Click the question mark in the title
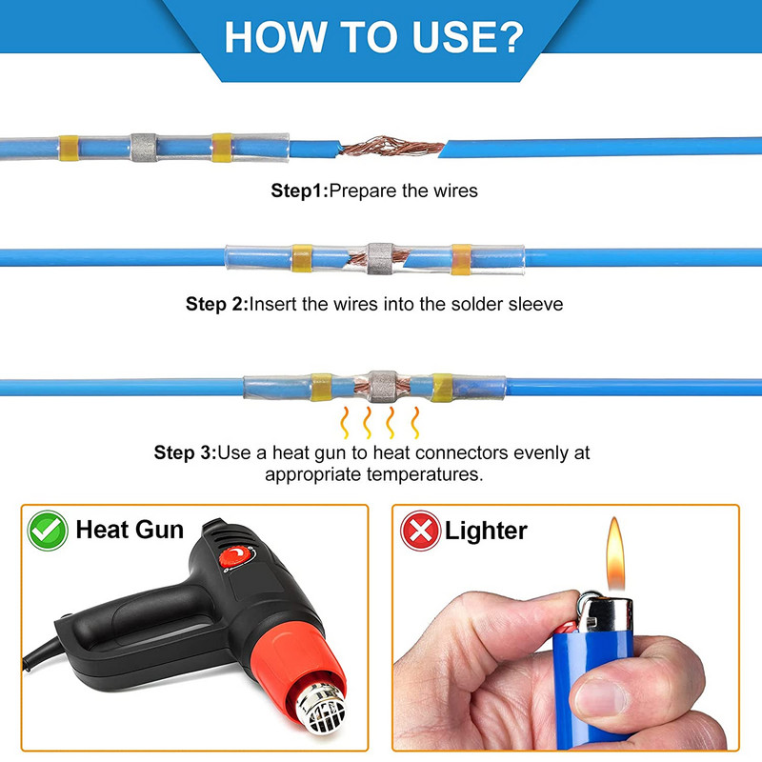pyautogui.click(x=507, y=37)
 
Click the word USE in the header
pyautogui.click(x=448, y=37)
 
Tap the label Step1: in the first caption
pyautogui.click(x=300, y=191)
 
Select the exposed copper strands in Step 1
pyautogui.click(x=392, y=147)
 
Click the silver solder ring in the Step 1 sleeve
pyautogui.click(x=144, y=148)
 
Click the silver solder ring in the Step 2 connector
pyautogui.click(x=380, y=258)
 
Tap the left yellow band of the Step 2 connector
pyautogui.click(x=302, y=258)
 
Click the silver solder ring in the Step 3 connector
pyautogui.click(x=383, y=387)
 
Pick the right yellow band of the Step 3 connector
pyautogui.click(x=442, y=388)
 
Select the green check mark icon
pyautogui.click(x=48, y=531)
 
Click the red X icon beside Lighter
pyautogui.click(x=420, y=531)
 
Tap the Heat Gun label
pyautogui.click(x=130, y=530)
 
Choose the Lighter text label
pyautogui.click(x=486, y=531)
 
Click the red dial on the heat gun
pyautogui.click(x=236, y=557)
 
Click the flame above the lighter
pyautogui.click(x=614, y=553)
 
